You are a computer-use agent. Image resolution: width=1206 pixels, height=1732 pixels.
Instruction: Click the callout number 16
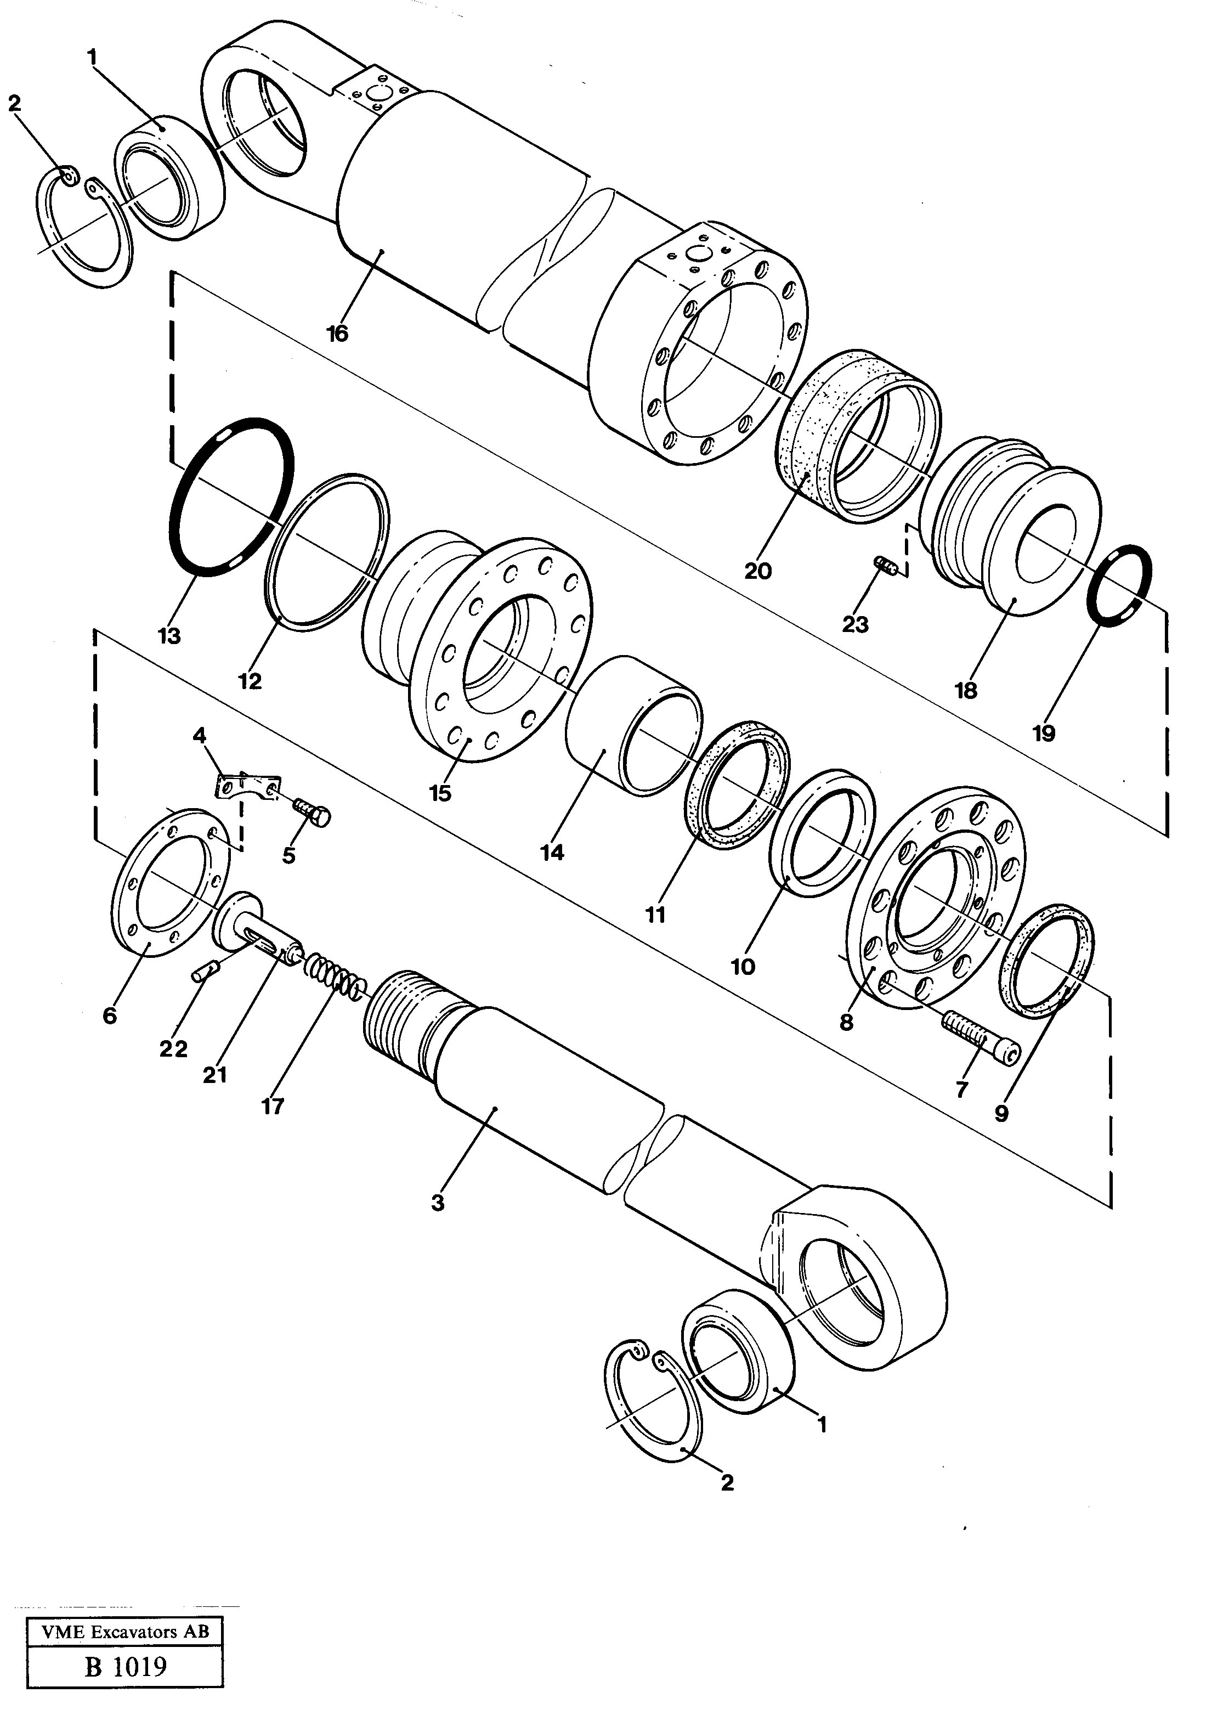337,334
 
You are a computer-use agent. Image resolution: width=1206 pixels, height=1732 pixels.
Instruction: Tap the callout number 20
757,571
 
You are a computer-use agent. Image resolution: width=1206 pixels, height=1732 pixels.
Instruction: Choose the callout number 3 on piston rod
438,1203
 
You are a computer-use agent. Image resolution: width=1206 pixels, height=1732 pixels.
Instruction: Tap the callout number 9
1001,1114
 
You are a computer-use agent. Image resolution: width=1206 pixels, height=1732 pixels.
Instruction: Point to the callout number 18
965,690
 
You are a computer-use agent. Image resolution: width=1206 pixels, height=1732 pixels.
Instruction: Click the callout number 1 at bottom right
822,1425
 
